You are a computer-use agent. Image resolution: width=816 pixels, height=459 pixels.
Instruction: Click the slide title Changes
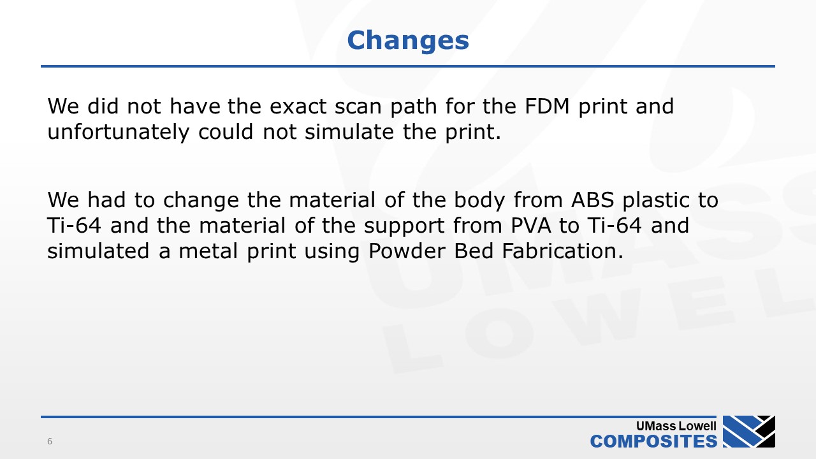(408, 40)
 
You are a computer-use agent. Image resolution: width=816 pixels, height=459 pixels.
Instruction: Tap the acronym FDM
(547, 106)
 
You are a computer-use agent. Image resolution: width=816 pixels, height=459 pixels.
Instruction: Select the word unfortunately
(119, 132)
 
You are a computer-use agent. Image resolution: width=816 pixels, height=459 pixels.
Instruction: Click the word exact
(298, 106)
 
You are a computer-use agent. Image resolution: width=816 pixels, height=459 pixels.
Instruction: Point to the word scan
(358, 106)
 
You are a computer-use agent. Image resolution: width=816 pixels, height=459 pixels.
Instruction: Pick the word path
(414, 106)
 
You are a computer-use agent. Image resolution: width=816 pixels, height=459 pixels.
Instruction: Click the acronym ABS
(592, 200)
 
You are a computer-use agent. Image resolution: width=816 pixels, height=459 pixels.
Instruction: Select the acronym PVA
(531, 226)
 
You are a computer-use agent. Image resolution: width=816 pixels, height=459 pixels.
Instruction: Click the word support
(404, 226)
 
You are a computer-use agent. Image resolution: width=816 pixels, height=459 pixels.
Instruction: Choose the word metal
(208, 251)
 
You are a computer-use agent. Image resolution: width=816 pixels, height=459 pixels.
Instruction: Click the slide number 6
(50, 441)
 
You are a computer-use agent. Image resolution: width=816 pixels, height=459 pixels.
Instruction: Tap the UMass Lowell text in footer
(676, 426)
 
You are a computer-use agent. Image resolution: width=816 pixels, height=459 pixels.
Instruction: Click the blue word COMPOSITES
(653, 441)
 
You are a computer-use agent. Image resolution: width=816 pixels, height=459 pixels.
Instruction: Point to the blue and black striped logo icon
(749, 432)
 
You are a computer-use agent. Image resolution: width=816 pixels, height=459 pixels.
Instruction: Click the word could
(226, 131)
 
